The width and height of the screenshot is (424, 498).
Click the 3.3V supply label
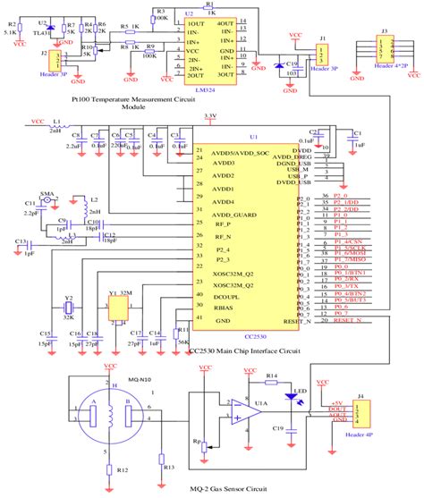[210, 115]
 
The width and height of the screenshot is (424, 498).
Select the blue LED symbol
[289, 373]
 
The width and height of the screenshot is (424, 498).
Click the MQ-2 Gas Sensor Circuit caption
[216, 490]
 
